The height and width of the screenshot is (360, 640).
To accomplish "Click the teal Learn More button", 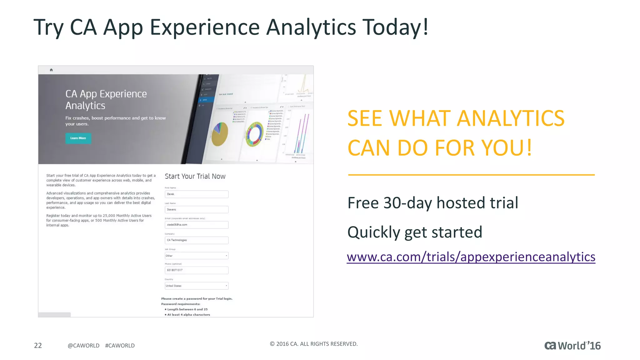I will tap(78, 138).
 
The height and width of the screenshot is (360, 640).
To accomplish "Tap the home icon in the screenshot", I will tap(51, 70).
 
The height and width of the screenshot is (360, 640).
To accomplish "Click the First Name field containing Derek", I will tap(197, 194).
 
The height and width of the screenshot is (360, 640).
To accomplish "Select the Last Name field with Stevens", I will tap(197, 209).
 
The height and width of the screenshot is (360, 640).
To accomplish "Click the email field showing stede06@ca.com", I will tap(197, 225).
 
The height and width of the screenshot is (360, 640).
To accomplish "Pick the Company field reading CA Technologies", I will tap(197, 240).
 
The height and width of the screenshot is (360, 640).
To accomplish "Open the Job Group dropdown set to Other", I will tap(197, 256).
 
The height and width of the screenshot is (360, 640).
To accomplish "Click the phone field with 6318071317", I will tap(197, 270).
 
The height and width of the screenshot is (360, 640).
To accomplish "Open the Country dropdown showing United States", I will tap(197, 286).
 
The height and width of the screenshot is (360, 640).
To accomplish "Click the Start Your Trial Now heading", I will tap(195, 176).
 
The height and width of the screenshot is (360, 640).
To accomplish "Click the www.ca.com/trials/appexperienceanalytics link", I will tap(471, 257).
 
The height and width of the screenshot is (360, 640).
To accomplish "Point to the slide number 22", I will tap(38, 345).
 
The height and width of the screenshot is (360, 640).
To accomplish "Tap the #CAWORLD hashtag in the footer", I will tap(120, 346).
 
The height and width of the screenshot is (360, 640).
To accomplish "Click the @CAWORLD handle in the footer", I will tap(83, 346).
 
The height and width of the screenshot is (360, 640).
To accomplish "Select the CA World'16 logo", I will tap(572, 346).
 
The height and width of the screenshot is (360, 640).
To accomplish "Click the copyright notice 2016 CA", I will tap(313, 344).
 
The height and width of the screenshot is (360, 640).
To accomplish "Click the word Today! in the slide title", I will tap(395, 27).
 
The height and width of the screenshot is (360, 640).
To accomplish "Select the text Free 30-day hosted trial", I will tap(433, 203).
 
